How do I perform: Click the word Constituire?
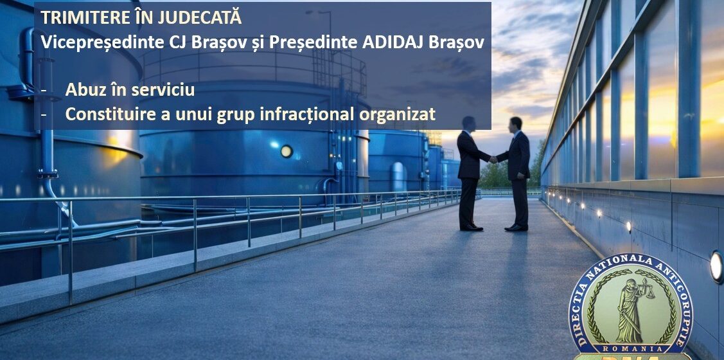coord(105,114)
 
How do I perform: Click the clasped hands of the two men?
coord(493,159)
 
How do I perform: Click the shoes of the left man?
coord(471,227)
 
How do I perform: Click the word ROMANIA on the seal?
coord(631,348)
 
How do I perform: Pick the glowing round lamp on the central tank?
coord(287,152)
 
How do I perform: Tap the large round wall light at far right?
coord(716,266)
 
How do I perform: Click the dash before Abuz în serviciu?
coord(44,91)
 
